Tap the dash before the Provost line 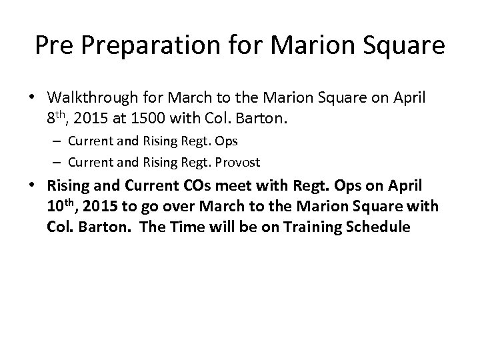pos(60,162)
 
